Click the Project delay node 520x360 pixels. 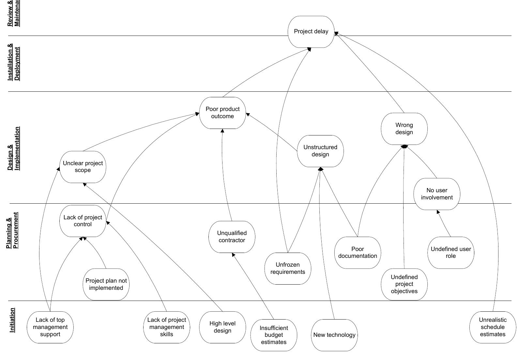pos(311,32)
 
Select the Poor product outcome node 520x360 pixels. pos(222,113)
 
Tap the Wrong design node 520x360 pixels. pos(404,129)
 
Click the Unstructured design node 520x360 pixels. pos(320,151)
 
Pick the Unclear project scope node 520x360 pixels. pos(83,167)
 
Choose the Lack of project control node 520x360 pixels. pos(83,221)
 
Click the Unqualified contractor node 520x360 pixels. pos(232,237)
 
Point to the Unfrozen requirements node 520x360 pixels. pos(288,268)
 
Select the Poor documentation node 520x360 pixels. pos(358,253)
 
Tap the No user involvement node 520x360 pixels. pos(436,194)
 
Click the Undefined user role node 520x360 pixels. pos(451,253)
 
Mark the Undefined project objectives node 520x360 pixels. pos(404,284)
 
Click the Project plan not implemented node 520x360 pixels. pos(106,284)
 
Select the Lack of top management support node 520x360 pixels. pos(50,327)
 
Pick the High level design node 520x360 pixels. pos(222,327)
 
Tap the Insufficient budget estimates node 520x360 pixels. pos(274,335)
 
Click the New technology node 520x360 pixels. pos(334,335)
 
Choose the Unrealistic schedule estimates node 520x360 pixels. pos(493,327)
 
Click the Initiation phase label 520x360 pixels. pos(12,320)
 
